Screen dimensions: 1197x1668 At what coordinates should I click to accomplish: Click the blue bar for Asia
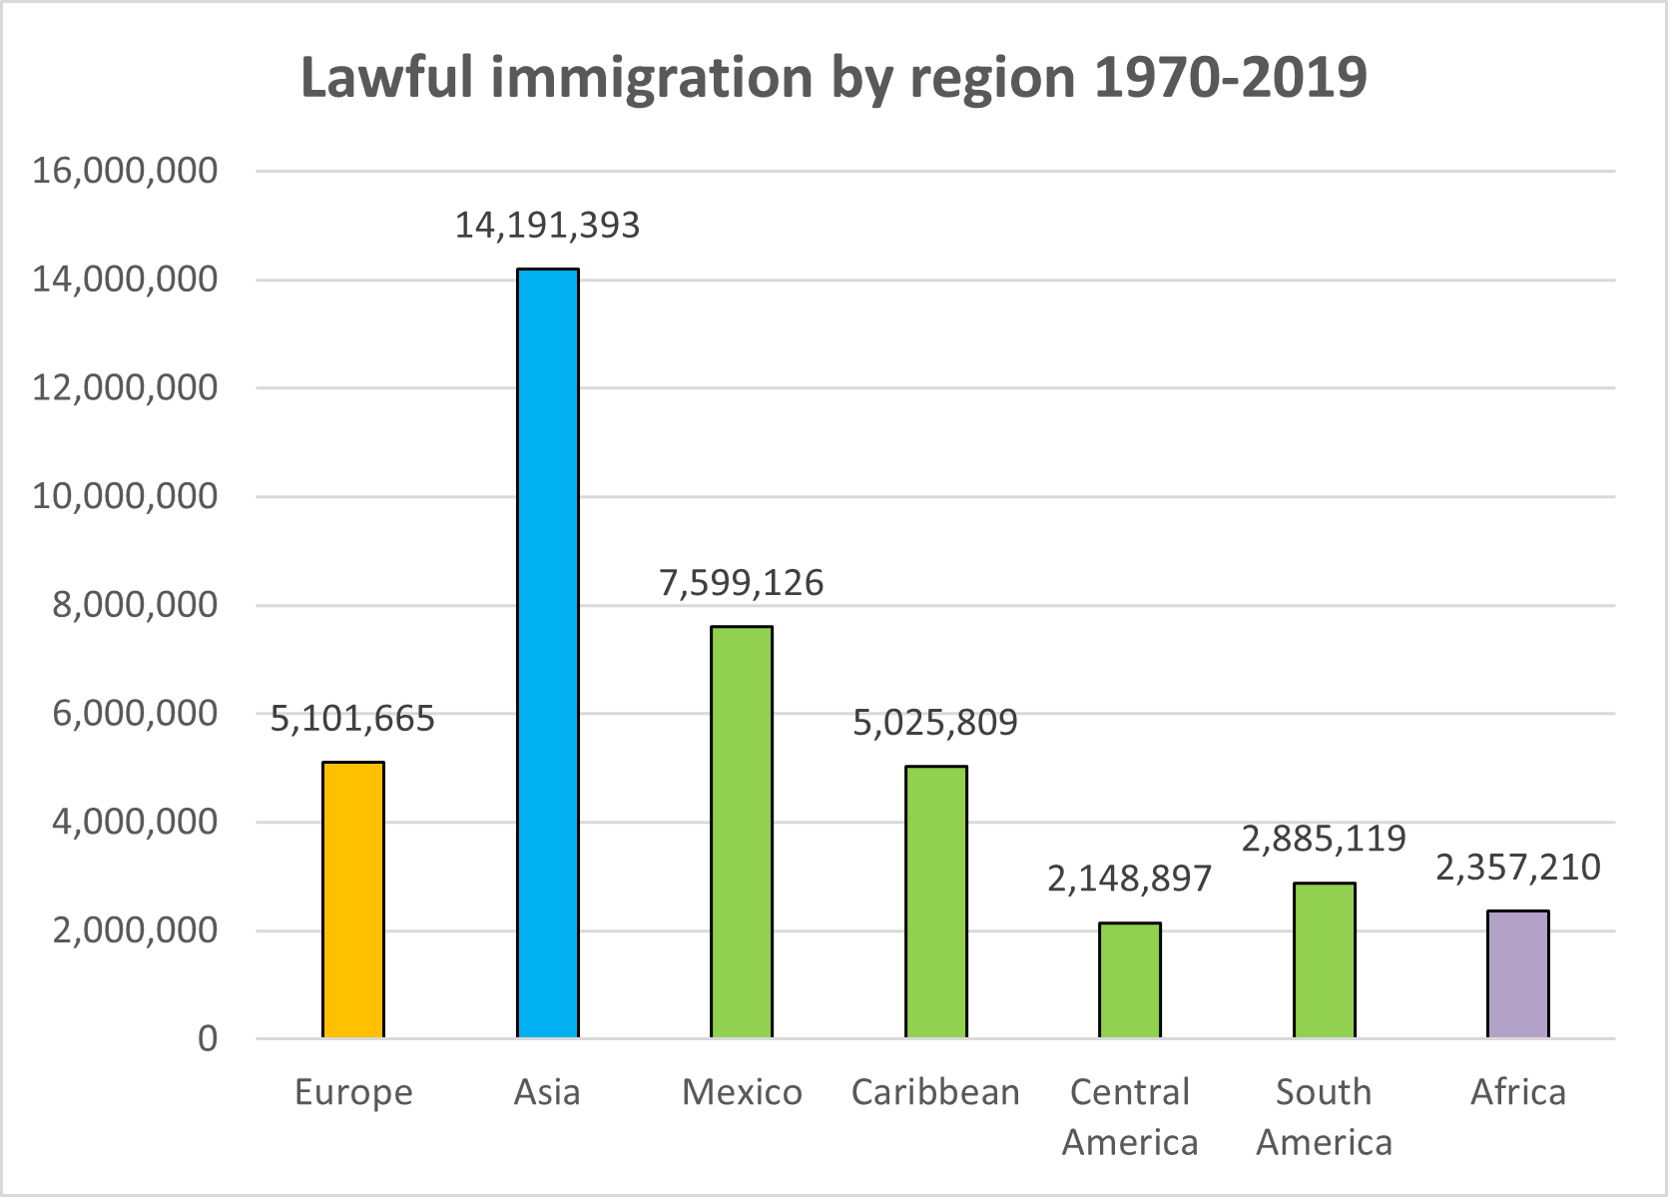click(547, 654)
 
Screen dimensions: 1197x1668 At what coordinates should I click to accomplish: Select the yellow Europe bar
click(353, 900)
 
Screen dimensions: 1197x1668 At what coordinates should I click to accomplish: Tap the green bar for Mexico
click(742, 833)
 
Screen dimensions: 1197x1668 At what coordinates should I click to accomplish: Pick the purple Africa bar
click(1518, 974)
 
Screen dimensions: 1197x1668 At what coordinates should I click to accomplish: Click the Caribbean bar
click(936, 902)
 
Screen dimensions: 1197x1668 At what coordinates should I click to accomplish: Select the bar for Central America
click(1130, 980)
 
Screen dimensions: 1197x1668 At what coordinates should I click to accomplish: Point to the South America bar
click(1325, 960)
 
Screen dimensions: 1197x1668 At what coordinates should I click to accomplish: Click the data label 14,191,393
click(547, 226)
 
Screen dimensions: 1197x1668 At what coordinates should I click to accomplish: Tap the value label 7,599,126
click(742, 583)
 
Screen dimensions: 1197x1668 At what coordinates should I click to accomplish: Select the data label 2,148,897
click(1129, 879)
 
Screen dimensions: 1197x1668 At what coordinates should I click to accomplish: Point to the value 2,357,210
click(1518, 868)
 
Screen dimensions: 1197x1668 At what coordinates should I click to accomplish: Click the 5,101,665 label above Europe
click(352, 719)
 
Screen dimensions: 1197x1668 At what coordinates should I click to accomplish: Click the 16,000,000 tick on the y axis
click(125, 171)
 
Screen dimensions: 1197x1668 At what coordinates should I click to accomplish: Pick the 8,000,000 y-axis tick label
click(135, 605)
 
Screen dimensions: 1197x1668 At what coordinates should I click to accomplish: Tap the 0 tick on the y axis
click(208, 1039)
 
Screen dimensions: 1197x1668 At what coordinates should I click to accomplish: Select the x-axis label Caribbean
click(935, 1092)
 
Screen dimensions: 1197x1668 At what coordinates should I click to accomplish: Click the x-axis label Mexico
click(742, 1092)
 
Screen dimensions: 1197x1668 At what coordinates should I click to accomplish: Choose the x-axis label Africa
click(1518, 1092)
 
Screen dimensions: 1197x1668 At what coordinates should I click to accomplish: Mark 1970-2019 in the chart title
click(1231, 78)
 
